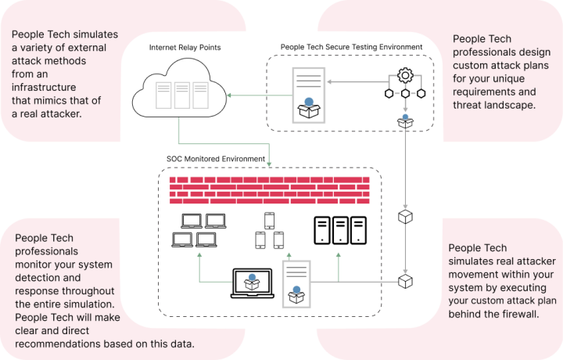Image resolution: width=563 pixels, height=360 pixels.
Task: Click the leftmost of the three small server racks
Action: pyautogui.click(x=163, y=95)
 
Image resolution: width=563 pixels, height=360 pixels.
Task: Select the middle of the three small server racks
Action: pyautogui.click(x=182, y=95)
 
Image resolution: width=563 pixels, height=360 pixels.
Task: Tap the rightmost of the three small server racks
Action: pyautogui.click(x=201, y=95)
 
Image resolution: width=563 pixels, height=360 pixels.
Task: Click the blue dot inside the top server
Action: pyautogui.click(x=309, y=102)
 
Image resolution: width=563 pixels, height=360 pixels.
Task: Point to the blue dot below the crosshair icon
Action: pyautogui.click(x=405, y=117)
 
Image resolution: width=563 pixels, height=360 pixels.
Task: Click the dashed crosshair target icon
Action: pyautogui.click(x=405, y=83)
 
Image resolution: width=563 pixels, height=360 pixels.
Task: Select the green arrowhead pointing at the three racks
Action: pyautogui.click(x=229, y=95)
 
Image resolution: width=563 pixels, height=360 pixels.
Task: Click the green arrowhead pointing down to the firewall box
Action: pyautogui.click(x=269, y=164)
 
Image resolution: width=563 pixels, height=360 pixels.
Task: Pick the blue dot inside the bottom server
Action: pyautogui.click(x=296, y=290)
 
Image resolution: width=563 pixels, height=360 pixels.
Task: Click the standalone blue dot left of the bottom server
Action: pyautogui.click(x=252, y=277)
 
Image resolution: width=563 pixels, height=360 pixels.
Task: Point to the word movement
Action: pyautogui.click(x=475, y=274)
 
